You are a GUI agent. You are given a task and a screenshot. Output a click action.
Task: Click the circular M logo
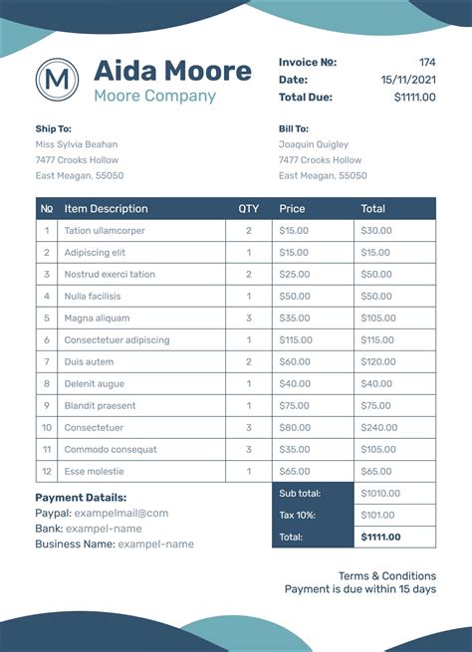(x=57, y=79)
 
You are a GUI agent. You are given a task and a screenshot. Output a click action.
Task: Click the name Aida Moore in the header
(x=172, y=71)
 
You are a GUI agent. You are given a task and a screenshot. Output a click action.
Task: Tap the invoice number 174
(x=426, y=62)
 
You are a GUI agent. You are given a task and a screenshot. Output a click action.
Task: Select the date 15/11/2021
(x=408, y=79)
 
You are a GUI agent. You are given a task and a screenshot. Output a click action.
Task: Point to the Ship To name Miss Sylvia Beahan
(x=77, y=144)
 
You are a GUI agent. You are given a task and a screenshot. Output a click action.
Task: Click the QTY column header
(x=248, y=209)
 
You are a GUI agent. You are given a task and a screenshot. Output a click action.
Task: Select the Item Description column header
(x=106, y=209)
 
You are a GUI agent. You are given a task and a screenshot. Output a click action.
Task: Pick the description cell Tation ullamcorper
(x=105, y=231)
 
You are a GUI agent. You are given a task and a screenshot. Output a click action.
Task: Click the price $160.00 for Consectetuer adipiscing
(x=296, y=340)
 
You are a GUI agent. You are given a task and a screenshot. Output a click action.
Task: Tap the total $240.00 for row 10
(x=378, y=428)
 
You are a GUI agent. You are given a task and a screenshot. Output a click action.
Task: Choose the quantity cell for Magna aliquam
(x=248, y=319)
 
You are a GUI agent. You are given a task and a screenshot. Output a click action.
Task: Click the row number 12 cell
(x=47, y=472)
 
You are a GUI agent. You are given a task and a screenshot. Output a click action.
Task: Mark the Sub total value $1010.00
(x=380, y=494)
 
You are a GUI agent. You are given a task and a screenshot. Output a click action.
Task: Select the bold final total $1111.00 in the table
(x=380, y=538)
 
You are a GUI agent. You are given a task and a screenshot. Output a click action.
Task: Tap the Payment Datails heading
(x=81, y=498)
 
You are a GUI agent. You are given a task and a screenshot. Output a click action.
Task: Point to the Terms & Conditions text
(x=386, y=576)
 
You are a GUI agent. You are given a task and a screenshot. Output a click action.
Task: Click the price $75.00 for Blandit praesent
(x=294, y=406)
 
